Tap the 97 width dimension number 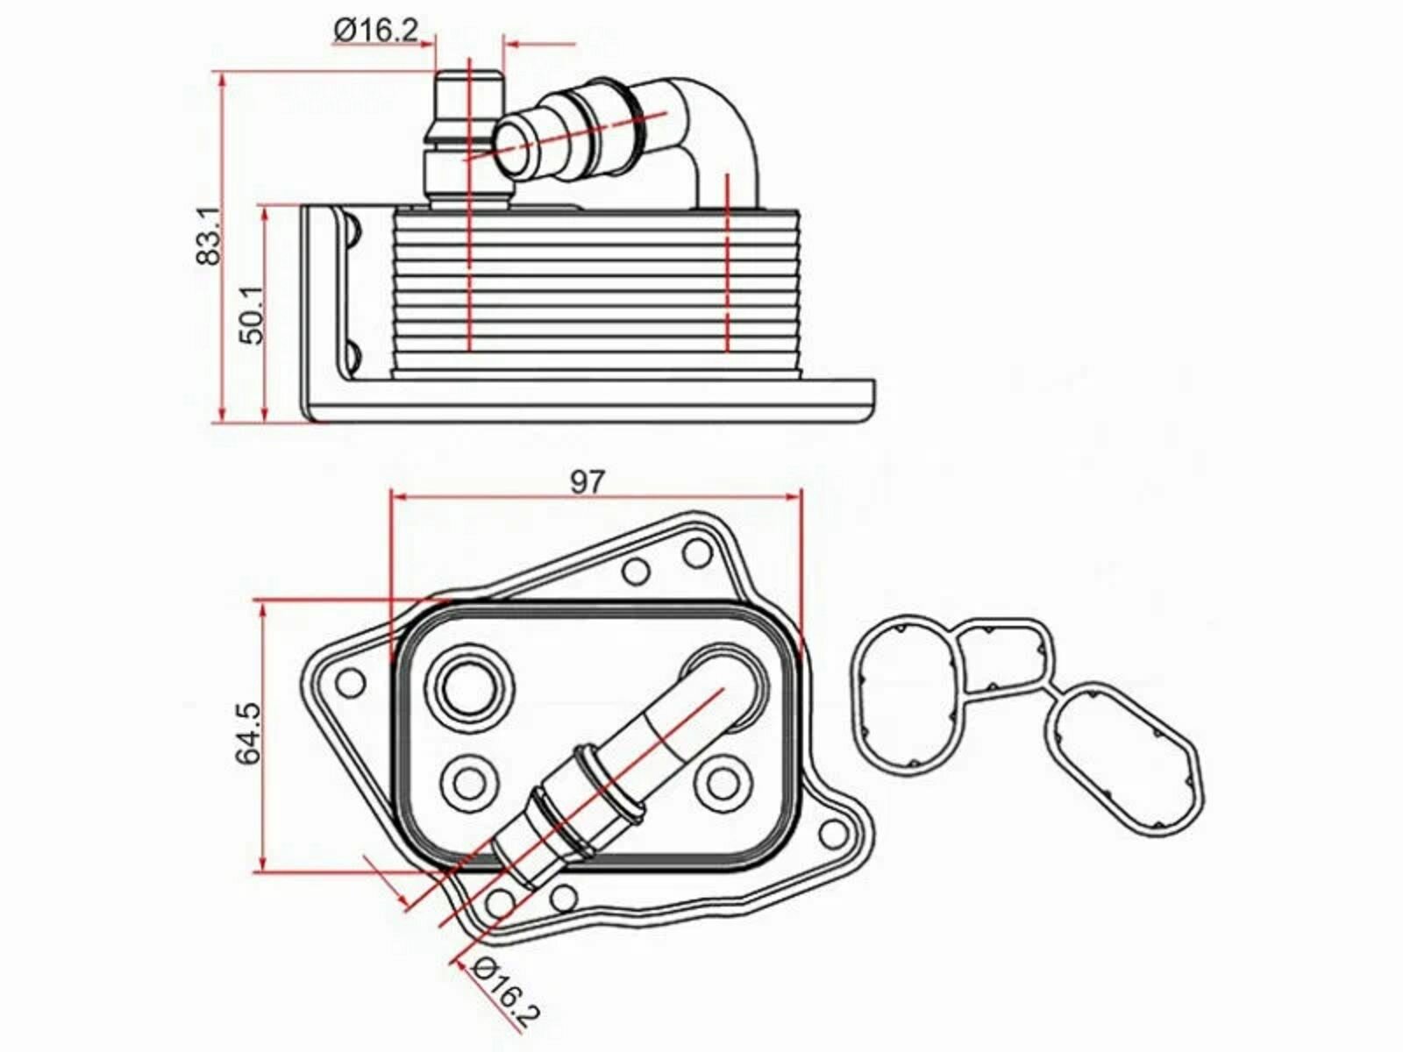(587, 482)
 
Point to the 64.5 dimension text (248, 733)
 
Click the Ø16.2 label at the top (376, 30)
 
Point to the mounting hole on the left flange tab (350, 684)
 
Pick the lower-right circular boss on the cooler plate (722, 783)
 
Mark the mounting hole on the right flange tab (834, 833)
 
